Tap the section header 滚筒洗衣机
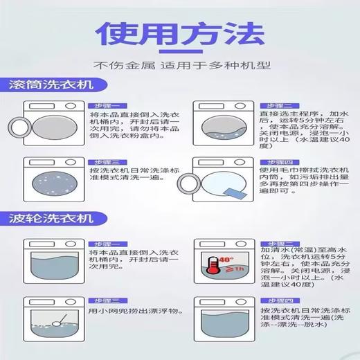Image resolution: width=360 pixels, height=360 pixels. (x=53, y=86)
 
